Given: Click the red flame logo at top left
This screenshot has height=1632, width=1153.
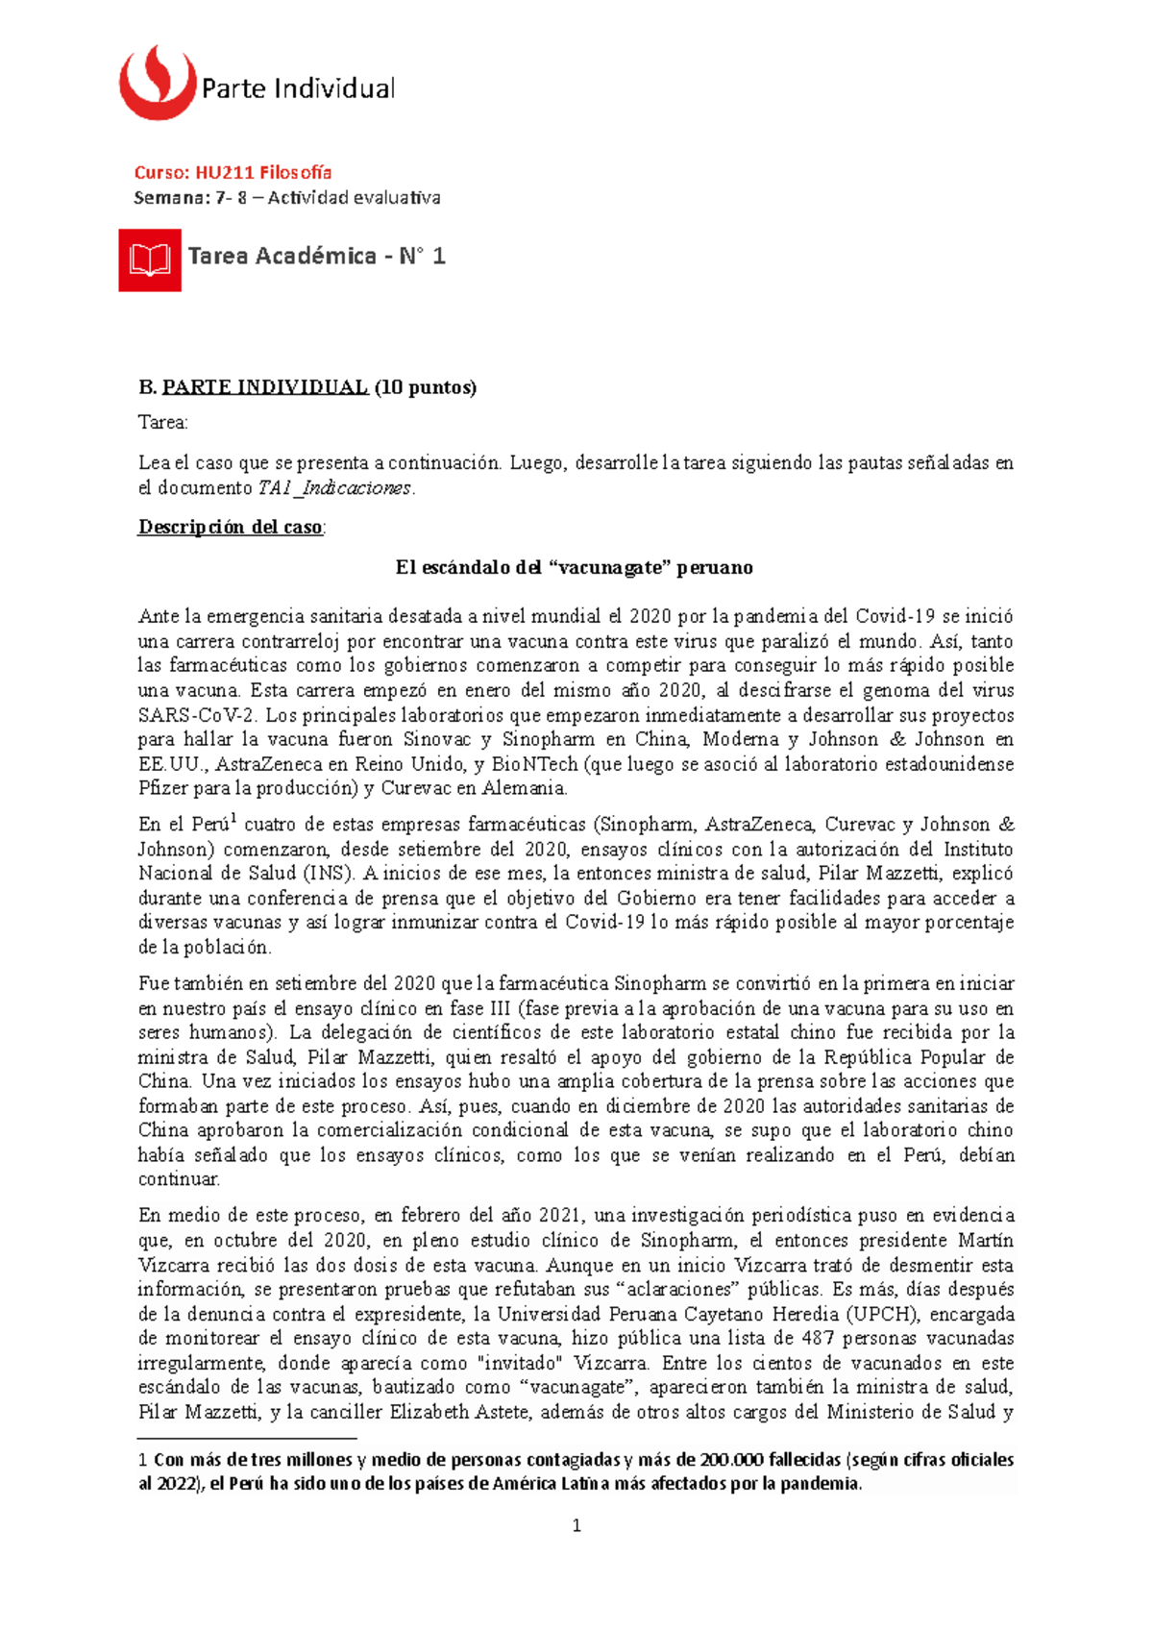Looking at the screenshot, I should click(x=157, y=85).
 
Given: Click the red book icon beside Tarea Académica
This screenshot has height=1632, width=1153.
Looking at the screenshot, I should click(x=150, y=260).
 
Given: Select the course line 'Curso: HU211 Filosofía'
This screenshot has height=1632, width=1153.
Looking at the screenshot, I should click(x=233, y=173).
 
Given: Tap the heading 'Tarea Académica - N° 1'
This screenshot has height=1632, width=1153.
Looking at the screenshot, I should click(x=316, y=257).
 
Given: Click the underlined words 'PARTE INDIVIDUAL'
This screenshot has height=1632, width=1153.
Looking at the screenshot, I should click(x=265, y=387).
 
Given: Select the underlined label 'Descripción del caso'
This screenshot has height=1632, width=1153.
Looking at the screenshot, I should click(x=231, y=528).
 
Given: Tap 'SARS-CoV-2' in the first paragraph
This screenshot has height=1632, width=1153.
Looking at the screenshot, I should click(x=197, y=716).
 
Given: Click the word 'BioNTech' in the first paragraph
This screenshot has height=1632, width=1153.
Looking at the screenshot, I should click(x=534, y=765).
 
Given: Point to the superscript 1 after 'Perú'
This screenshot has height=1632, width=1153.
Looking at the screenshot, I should click(x=234, y=819).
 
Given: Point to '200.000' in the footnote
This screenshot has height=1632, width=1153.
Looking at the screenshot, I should click(x=732, y=1460).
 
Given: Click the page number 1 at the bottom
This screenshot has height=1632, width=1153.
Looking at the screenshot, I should click(x=576, y=1526).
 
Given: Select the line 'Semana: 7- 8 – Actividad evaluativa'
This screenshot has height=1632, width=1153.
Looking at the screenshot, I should click(x=286, y=198).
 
